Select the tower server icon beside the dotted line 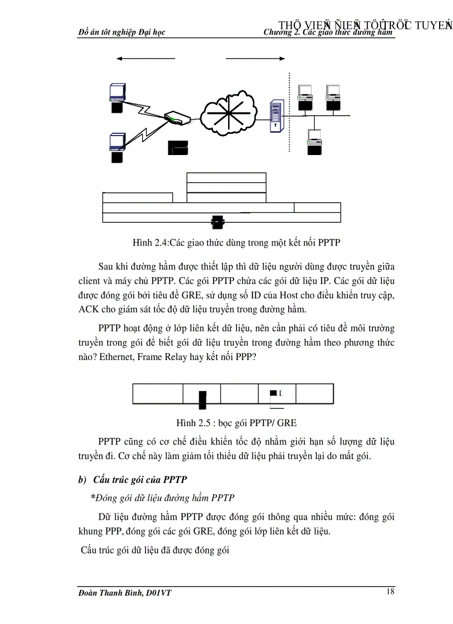275,116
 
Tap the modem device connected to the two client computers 177,118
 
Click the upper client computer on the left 117,97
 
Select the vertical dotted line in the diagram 289,111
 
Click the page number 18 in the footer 390,591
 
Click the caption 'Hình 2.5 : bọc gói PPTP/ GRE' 233,423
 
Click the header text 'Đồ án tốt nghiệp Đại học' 122,32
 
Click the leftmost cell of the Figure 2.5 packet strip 158,393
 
